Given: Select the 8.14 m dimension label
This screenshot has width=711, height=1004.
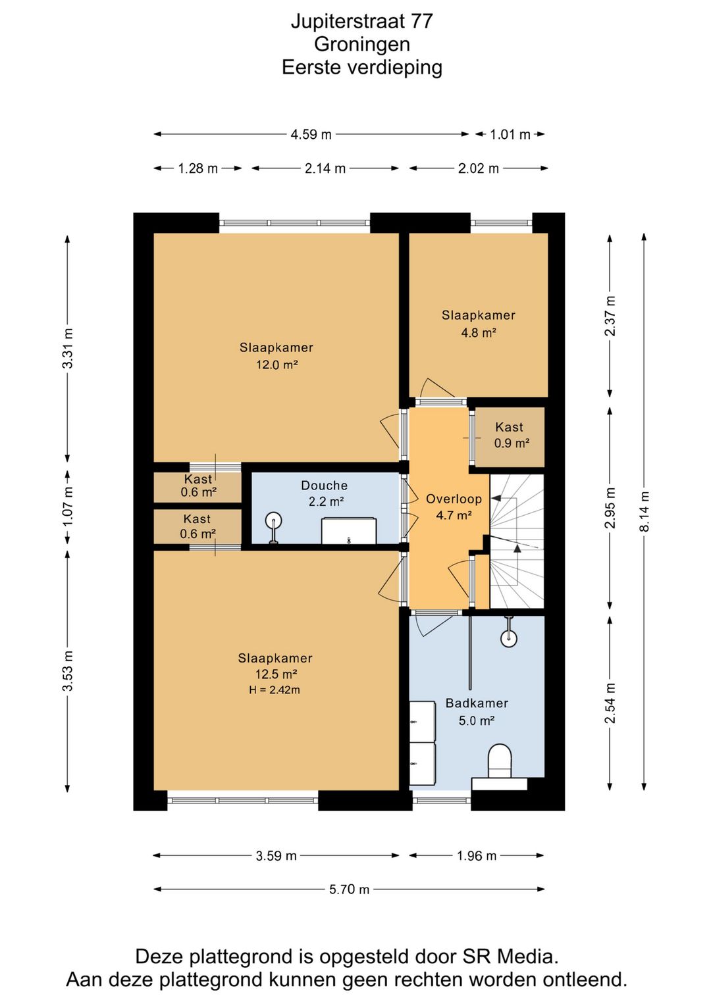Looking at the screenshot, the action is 644,511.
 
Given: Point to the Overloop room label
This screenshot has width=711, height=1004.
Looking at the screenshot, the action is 454,499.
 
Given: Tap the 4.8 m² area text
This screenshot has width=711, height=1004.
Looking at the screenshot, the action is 479,332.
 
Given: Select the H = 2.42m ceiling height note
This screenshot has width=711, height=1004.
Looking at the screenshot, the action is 275,690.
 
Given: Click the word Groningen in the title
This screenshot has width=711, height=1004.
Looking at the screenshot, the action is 362,44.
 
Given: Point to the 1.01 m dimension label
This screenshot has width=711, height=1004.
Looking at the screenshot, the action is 510,134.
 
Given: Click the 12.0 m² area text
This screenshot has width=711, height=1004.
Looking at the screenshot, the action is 276,365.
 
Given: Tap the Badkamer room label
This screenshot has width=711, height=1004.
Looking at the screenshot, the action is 477,703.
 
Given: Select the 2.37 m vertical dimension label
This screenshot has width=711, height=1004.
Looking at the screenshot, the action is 610,316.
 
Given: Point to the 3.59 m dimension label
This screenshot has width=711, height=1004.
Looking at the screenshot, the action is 276,856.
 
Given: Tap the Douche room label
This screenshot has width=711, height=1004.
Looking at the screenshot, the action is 325,486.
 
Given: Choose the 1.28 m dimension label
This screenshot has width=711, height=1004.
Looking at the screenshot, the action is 197,168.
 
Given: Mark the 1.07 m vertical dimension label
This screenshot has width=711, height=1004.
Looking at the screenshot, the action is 67,509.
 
